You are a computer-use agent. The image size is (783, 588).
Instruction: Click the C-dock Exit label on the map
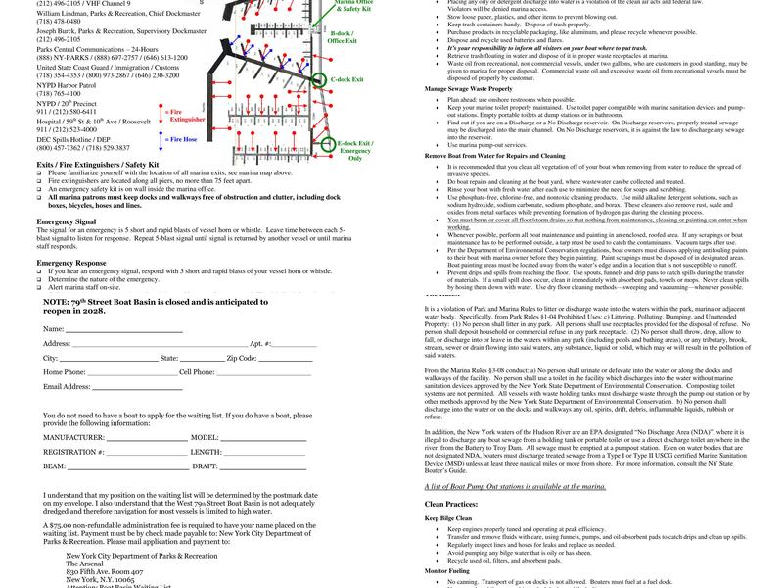(347, 78)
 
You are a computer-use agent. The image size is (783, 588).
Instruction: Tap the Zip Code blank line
(285, 360)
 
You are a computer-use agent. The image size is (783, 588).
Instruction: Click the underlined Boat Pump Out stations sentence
(515, 486)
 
